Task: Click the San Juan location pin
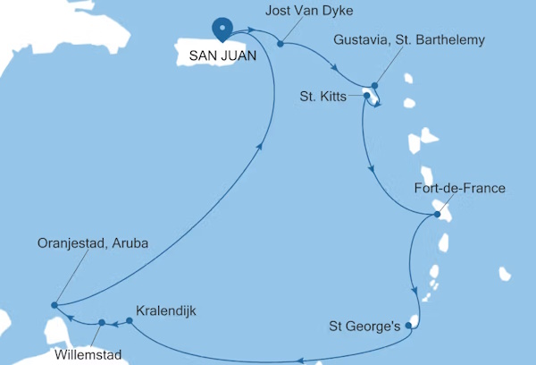pyautogui.click(x=221, y=29)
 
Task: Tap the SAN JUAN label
pyautogui.click(x=221, y=55)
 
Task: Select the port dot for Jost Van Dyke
pyautogui.click(x=281, y=43)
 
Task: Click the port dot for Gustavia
pyautogui.click(x=375, y=85)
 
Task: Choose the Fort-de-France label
pyautogui.click(x=461, y=189)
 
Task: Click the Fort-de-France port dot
pyautogui.click(x=437, y=215)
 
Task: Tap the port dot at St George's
pyautogui.click(x=408, y=326)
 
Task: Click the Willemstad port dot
pyautogui.click(x=102, y=323)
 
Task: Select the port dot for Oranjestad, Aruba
pyautogui.click(x=54, y=305)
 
